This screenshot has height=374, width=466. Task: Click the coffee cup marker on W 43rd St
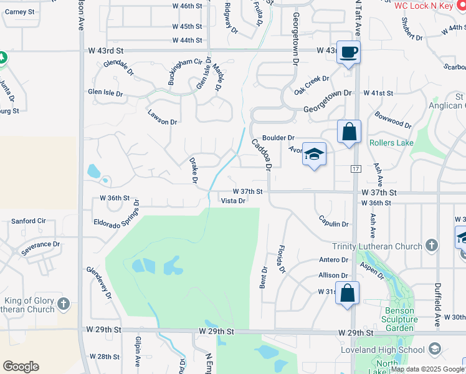point(348,52)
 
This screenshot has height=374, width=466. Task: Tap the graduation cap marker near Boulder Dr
point(314,154)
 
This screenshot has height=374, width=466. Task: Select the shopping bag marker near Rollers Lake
point(349,132)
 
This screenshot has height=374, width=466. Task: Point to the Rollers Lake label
point(391,143)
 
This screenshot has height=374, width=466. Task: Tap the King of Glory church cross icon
point(63,304)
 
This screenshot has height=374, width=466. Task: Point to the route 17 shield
point(356,170)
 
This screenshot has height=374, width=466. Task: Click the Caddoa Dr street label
point(262,155)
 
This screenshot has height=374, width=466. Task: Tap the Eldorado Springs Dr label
point(117,214)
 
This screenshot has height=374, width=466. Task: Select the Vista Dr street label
point(234,201)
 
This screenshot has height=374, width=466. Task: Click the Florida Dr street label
point(281,259)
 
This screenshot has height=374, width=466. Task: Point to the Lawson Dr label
point(163,117)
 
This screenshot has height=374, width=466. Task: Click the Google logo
point(21,367)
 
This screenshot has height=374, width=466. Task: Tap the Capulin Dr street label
point(334,221)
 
